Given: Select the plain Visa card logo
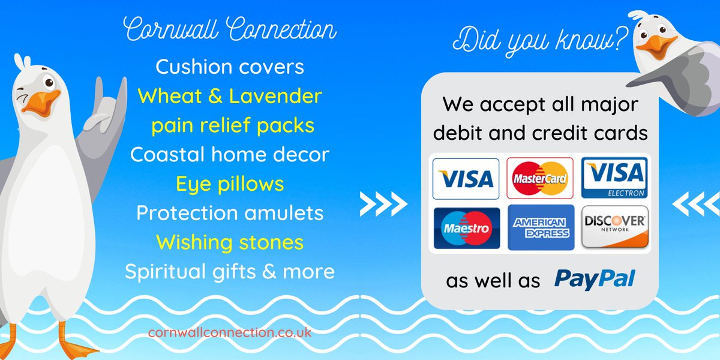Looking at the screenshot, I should (466, 178).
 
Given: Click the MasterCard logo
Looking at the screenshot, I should (540, 178).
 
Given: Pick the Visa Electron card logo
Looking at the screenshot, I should (614, 178).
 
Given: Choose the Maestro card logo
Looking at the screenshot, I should (466, 228).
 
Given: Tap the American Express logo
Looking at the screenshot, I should (540, 228).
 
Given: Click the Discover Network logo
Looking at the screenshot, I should (614, 228).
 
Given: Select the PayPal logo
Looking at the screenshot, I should (594, 280).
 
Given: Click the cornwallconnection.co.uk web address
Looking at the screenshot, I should (229, 332).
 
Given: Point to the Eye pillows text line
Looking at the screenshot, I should (229, 184).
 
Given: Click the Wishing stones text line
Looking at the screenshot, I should (229, 242).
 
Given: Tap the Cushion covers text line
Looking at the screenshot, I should (229, 67).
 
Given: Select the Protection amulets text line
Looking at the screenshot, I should (229, 213).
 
